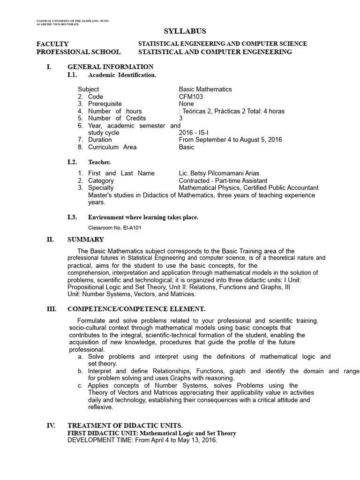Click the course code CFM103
[190, 97]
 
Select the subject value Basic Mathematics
[205, 89]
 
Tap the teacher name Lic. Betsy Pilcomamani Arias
[219, 173]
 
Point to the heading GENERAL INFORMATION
[110, 67]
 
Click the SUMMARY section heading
[86, 240]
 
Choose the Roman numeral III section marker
[51, 309]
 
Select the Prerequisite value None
[186, 104]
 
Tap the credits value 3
[181, 118]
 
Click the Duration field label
[100, 140]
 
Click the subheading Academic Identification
[122, 75]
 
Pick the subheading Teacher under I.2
[99, 162]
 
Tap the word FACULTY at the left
[52, 44]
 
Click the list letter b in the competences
[81, 371]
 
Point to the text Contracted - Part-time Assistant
[223, 180]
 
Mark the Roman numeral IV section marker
[51, 426]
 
